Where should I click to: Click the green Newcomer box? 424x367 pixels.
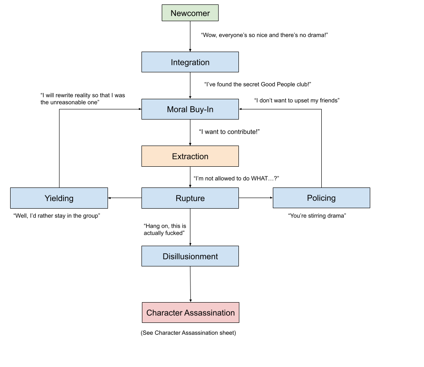190,13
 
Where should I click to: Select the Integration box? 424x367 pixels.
190,62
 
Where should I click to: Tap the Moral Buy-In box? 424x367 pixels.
190,109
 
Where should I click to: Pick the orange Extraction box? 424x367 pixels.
190,156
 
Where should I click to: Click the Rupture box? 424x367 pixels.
190,198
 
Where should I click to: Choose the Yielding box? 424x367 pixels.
59,198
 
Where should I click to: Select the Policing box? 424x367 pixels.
321,198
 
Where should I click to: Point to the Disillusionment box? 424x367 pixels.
190,256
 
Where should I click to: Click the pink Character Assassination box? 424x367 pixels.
191,313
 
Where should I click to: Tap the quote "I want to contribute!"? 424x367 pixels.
229,132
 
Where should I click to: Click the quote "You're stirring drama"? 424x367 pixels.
317,216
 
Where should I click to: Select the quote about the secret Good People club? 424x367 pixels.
258,84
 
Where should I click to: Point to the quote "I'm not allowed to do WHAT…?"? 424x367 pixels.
236,178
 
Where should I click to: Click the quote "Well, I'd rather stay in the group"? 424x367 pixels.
57,216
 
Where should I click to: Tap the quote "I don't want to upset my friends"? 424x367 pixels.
297,101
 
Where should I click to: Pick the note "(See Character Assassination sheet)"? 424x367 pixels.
188,333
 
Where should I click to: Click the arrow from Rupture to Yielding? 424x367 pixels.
125,198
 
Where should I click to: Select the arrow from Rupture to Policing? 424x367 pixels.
256,198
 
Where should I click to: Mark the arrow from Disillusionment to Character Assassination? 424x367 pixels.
190,284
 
